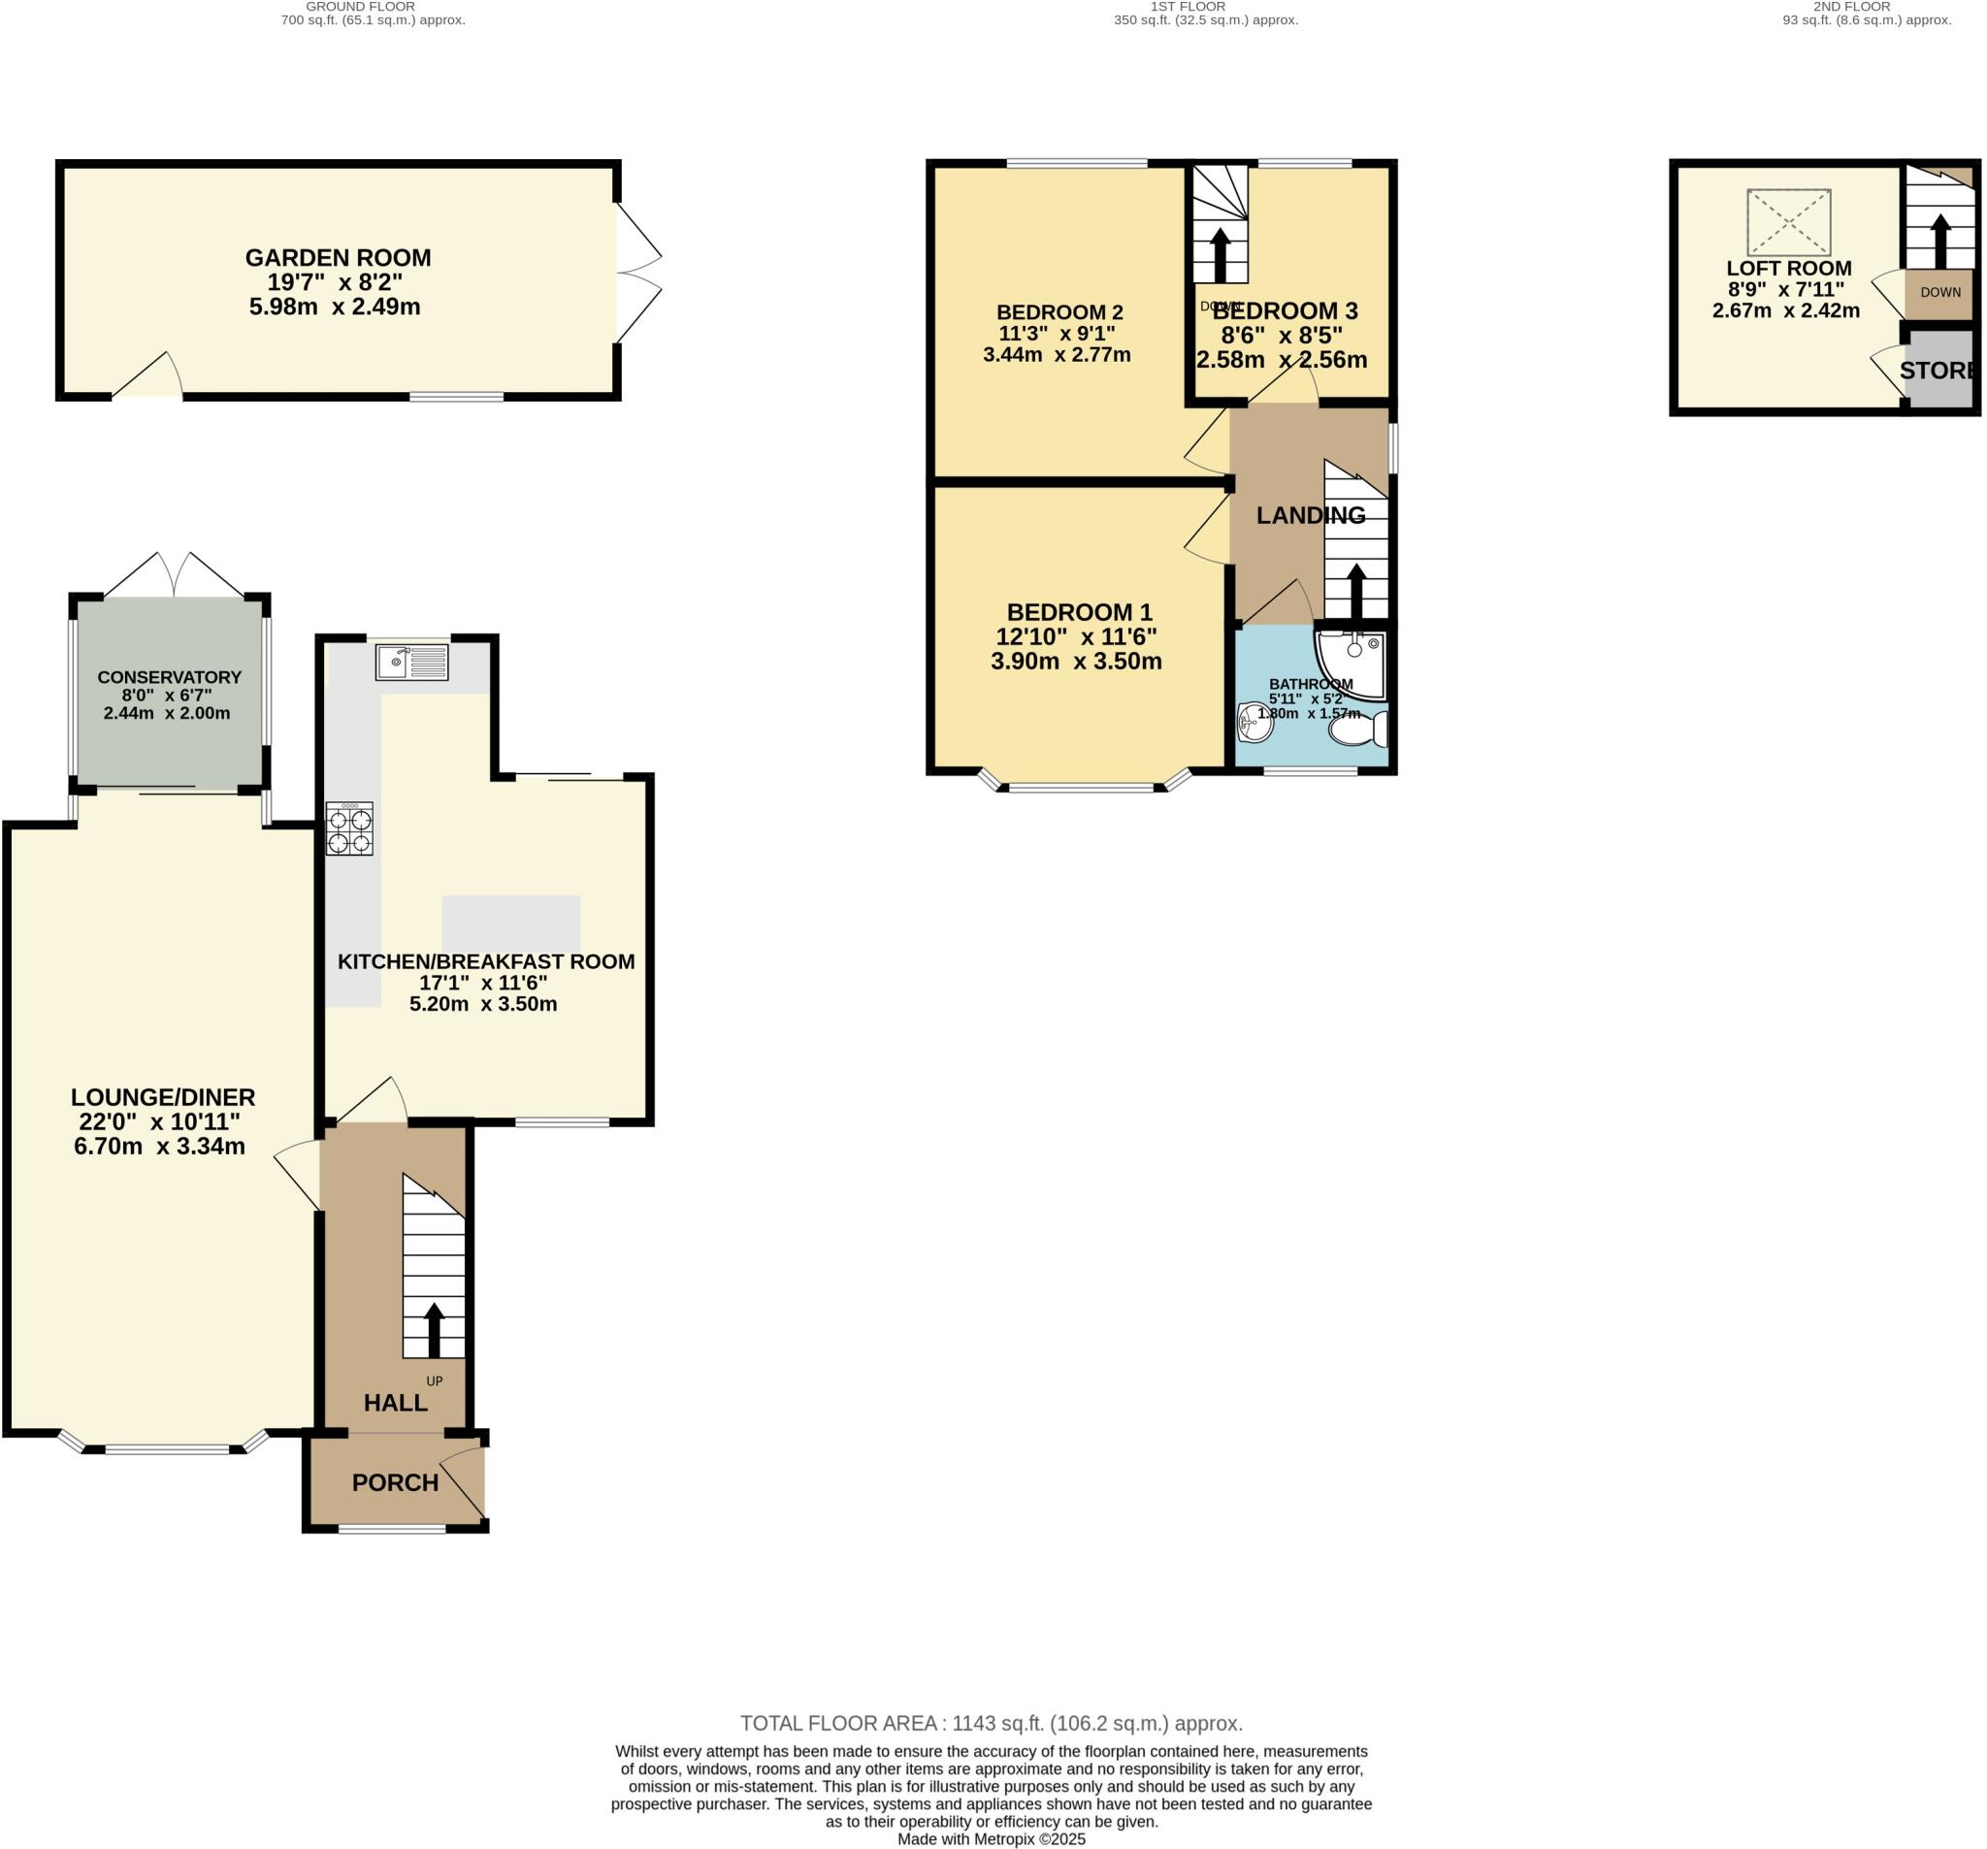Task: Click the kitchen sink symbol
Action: pos(411,662)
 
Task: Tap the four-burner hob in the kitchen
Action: pos(349,828)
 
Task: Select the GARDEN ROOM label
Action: pos(338,258)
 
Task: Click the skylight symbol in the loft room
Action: pos(1788,222)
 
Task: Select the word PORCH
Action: pos(395,1482)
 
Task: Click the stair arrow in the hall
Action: pos(434,1329)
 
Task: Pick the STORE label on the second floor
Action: pos(1937,371)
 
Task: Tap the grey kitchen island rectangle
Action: pos(510,923)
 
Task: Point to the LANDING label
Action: pos(1311,515)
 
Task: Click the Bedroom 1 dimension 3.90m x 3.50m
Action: pos(1077,662)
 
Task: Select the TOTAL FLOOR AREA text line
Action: pos(991,1723)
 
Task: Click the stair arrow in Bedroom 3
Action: pos(1220,256)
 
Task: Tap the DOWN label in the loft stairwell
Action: pos(1940,292)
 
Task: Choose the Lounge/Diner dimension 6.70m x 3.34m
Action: pos(160,1147)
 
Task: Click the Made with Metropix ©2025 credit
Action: pos(991,1839)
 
